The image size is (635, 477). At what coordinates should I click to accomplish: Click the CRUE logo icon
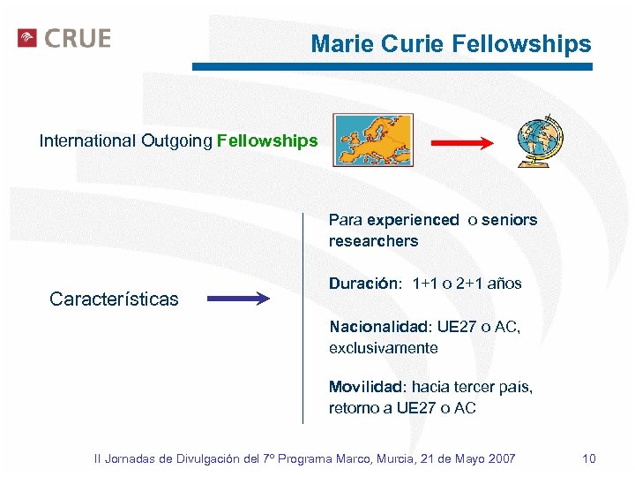(x=27, y=38)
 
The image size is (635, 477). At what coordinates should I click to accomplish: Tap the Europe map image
(x=372, y=140)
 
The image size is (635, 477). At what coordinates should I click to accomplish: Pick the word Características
(x=114, y=299)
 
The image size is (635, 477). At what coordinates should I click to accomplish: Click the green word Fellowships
(x=267, y=141)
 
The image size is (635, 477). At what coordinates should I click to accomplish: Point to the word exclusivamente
(x=383, y=348)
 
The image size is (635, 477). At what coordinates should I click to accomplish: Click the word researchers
(x=373, y=241)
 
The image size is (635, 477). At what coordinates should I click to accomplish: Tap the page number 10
(x=589, y=458)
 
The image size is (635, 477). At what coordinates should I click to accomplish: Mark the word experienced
(x=413, y=220)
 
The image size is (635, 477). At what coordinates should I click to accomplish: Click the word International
(x=87, y=141)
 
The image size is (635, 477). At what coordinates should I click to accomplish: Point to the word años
(x=504, y=284)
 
